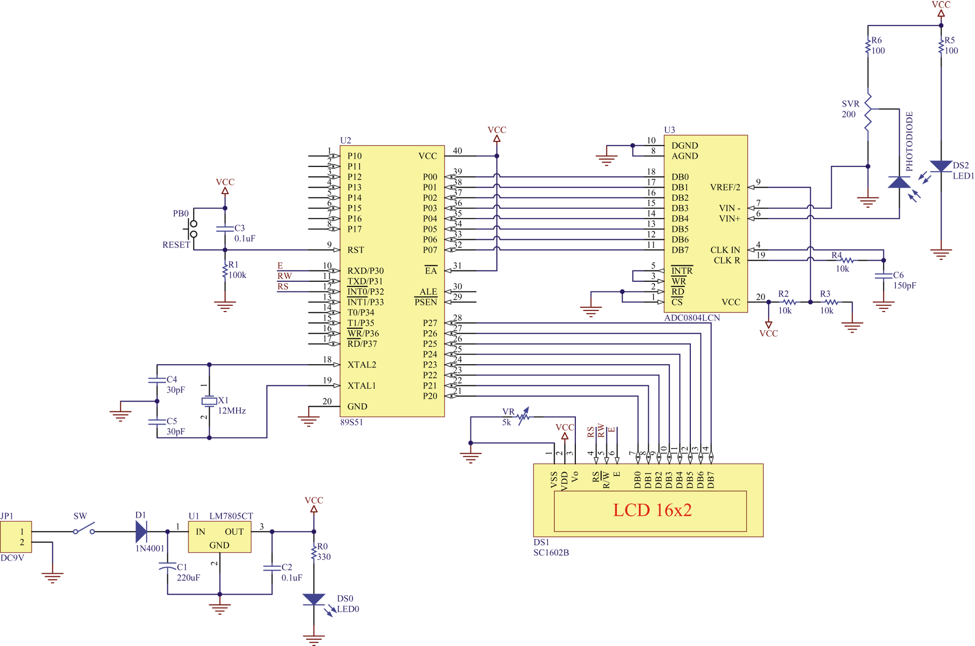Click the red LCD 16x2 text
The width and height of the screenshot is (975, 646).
(652, 510)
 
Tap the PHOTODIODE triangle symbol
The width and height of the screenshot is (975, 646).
(899, 182)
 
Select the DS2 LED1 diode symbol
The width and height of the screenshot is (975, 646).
(941, 166)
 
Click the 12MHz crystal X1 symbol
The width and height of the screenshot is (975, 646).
(209, 401)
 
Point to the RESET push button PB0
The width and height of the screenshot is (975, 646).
(193, 229)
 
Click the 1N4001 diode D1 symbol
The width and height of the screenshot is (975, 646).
(141, 531)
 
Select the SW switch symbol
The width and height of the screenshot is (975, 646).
(84, 529)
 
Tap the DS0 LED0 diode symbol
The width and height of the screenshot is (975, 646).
(314, 600)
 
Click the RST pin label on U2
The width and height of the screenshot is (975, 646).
(356, 250)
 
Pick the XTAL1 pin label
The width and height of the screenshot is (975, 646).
(362, 386)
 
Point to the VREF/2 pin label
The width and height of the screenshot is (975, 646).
(725, 187)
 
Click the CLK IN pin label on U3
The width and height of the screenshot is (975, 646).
(725, 250)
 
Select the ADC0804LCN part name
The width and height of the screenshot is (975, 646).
(692, 318)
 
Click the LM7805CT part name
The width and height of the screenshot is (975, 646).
(231, 516)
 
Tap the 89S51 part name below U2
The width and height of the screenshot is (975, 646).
(352, 422)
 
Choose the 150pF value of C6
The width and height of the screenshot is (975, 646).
(905, 286)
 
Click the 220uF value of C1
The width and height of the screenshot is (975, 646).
(188, 578)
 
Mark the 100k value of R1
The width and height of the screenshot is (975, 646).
(237, 275)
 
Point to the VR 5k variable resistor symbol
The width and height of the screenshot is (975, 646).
(523, 416)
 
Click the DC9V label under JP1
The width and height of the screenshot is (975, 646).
(12, 558)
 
